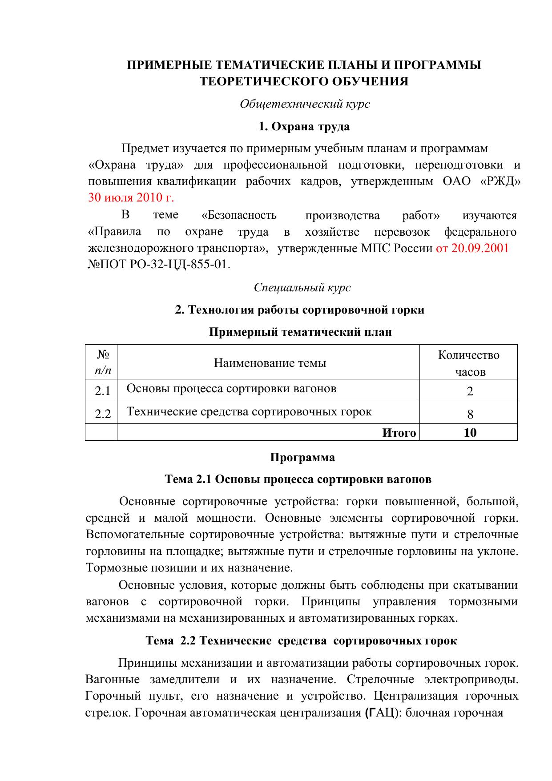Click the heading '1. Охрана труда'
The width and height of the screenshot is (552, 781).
tap(304, 127)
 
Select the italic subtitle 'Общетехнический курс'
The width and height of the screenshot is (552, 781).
tap(305, 104)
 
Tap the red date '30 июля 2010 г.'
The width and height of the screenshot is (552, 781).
tap(131, 197)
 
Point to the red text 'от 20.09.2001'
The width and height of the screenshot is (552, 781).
tap(472, 248)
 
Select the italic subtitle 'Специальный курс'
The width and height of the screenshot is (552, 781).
tap(302, 288)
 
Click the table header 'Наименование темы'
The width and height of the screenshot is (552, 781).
tap(270, 363)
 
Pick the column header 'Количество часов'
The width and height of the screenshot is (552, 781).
tap(468, 363)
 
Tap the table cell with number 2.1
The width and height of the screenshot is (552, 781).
tap(102, 391)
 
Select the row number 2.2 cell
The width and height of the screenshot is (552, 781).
tap(102, 414)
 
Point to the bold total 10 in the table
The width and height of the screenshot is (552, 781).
tap(470, 433)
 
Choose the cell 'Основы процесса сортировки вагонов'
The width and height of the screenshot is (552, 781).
tap(231, 389)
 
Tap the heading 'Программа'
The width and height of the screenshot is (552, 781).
tap(302, 458)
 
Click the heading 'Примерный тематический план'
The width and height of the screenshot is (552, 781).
tap(300, 332)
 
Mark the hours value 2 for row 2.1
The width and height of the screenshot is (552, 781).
tap(470, 391)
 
